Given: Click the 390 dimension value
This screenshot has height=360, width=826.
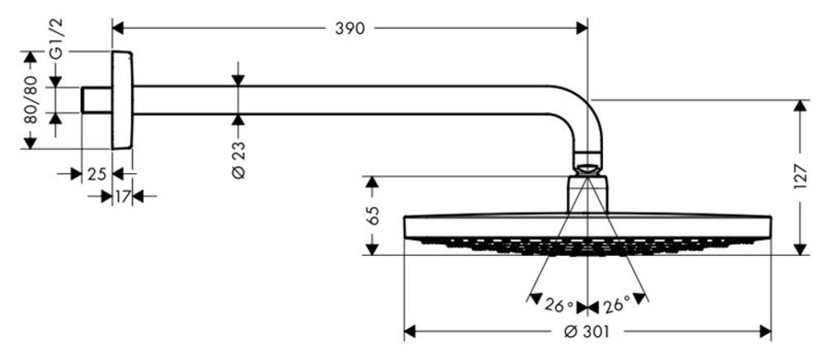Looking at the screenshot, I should coord(350,29).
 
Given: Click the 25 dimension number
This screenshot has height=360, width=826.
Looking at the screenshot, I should coord(97,174).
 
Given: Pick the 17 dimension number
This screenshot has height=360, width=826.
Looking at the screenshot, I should coord(122,197).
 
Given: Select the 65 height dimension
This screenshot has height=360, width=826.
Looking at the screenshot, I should coord(373,216).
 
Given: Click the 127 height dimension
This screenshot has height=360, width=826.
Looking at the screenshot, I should coord(799,177).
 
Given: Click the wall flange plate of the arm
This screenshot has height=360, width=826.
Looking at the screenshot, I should coord(122,100).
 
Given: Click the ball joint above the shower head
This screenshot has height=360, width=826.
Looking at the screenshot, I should coord(588,162).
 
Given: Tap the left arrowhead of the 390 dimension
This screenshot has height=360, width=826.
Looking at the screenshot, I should coord(117,29).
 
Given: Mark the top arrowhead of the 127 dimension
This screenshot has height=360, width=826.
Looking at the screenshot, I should coord(799,105).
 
